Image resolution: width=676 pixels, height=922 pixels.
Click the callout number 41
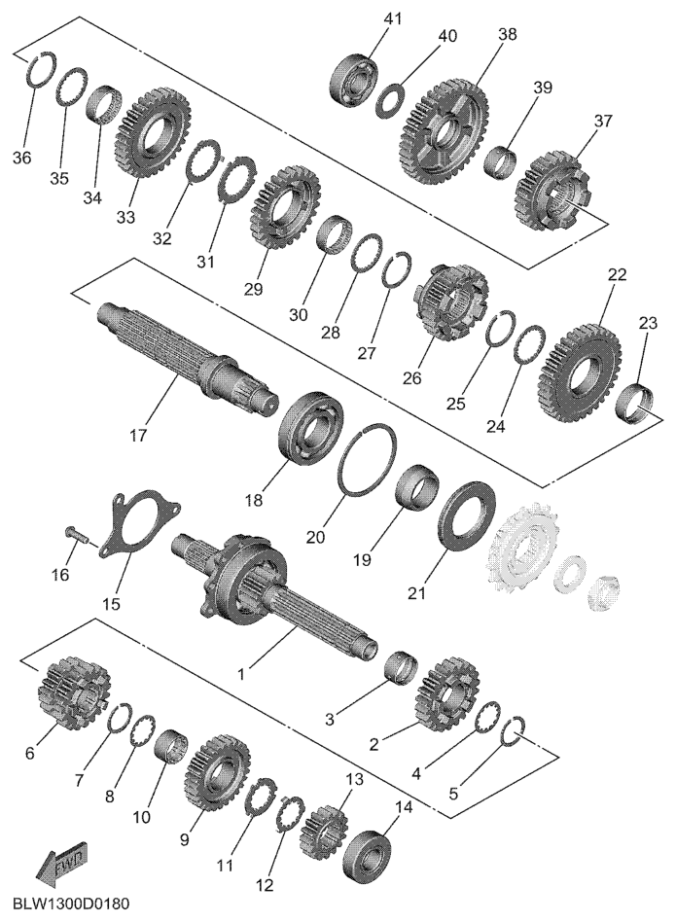[392, 18]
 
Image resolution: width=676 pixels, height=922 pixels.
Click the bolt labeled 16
[76, 534]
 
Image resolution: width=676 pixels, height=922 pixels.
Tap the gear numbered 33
[154, 128]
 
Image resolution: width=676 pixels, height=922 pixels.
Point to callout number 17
[139, 436]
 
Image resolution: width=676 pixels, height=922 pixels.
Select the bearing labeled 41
[355, 83]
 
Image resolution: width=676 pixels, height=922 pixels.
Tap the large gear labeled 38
[445, 129]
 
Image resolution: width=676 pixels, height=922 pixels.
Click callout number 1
[241, 672]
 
